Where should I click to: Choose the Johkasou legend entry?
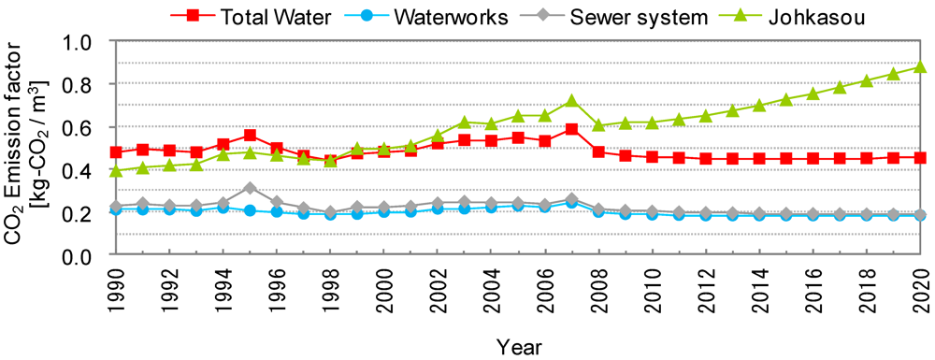799,16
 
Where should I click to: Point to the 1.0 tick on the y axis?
79,42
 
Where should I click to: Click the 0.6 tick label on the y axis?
79,127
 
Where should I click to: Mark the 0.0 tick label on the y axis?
79,256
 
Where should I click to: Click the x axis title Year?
517,345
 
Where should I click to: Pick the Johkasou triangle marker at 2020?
920,66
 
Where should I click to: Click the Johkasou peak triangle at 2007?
571,100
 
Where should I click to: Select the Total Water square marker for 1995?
250,136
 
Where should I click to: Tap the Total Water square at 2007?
571,129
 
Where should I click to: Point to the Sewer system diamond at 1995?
250,188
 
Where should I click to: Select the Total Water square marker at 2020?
920,158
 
